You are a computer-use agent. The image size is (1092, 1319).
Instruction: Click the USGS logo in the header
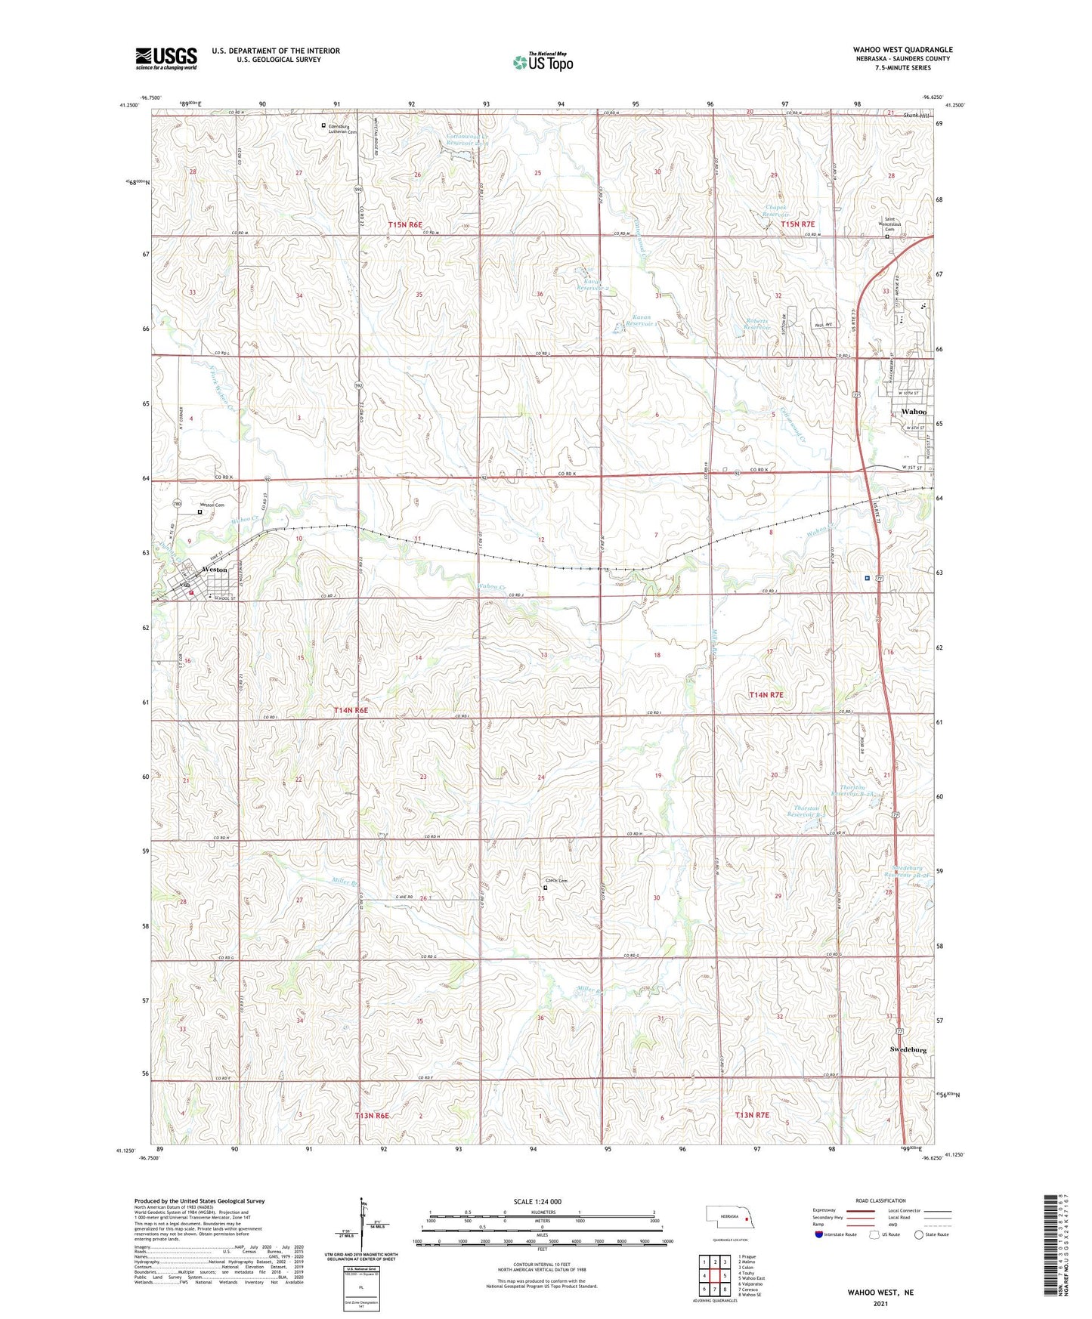pos(166,58)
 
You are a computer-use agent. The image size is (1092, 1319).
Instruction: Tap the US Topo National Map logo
pos(543,61)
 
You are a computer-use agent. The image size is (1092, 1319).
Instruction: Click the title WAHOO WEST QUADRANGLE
pos(902,49)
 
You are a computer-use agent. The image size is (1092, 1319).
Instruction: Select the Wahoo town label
pos(914,412)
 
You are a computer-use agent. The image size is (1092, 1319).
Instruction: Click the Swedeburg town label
pos(908,1050)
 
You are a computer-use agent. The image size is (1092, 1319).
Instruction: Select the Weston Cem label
pos(212,505)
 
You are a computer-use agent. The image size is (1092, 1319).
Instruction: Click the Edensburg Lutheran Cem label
pos(342,129)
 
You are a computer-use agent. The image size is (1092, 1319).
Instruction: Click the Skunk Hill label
pos(917,114)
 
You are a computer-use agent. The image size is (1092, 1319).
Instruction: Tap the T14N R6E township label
pos(351,710)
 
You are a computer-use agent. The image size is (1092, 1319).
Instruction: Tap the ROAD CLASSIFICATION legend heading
pos(880,1200)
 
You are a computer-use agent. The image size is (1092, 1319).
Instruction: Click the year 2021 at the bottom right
pos(880,1304)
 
